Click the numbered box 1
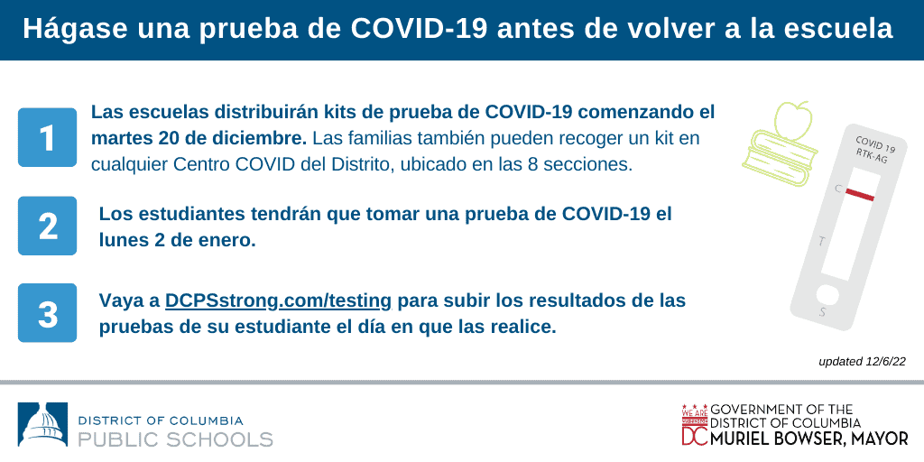[47, 137]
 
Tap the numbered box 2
[47, 226]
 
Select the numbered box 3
[47, 313]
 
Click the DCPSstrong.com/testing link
[278, 301]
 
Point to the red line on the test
[860, 194]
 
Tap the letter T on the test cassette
[822, 241]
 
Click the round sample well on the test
[827, 294]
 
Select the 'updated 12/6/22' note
[862, 362]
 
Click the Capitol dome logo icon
[42, 424]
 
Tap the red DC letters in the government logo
[695, 435]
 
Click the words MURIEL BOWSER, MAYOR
[809, 439]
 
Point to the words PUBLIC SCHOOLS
[176, 439]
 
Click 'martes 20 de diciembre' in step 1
[199, 138]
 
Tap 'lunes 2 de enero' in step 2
[178, 241]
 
